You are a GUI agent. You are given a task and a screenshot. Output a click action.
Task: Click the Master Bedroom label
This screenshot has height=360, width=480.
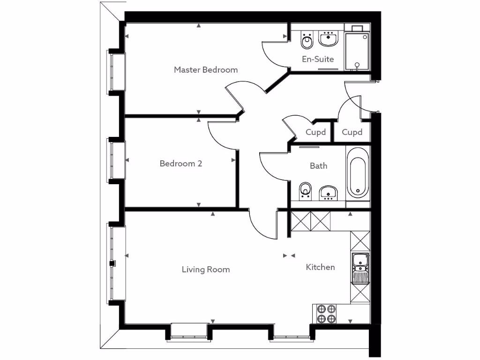click(206, 70)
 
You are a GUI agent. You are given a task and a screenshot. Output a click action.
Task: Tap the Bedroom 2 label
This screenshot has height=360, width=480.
click(181, 164)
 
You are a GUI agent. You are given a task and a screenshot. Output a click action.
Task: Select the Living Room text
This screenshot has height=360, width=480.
click(206, 270)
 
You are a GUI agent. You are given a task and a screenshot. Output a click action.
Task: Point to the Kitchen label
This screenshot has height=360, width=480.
click(320, 267)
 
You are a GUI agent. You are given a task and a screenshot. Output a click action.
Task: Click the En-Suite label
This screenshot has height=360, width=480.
click(318, 59)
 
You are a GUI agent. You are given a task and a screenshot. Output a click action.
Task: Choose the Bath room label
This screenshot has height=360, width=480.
click(318, 166)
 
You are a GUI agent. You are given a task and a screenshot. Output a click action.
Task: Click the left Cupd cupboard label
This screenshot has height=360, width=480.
click(315, 132)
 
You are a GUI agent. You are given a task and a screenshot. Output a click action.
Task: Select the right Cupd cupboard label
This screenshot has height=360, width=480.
click(352, 132)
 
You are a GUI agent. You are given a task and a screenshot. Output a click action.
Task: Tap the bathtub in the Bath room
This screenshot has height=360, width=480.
click(358, 172)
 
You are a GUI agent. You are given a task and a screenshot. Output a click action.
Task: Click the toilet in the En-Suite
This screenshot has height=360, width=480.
click(307, 41)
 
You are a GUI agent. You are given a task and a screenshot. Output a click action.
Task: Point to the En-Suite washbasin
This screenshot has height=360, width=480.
click(329, 39)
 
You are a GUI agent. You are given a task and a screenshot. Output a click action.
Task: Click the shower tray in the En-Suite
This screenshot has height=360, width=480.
click(357, 51)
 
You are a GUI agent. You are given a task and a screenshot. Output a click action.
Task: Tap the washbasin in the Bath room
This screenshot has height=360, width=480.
click(329, 193)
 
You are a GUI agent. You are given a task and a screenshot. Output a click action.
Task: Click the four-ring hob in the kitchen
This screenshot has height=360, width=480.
click(326, 314)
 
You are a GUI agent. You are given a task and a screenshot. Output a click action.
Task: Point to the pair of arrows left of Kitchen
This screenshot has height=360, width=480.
click(289, 256)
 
